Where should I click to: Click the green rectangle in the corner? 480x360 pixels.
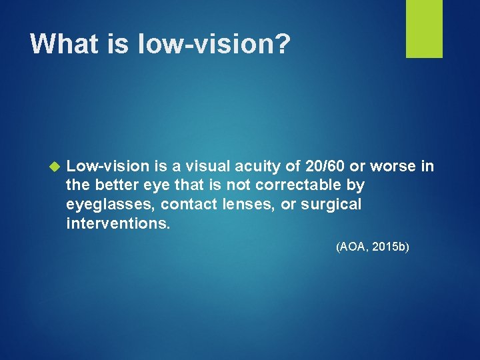point(424,29)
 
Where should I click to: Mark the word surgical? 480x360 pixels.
point(331,204)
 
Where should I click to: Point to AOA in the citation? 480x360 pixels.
point(352,247)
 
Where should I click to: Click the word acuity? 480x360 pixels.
point(261,165)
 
